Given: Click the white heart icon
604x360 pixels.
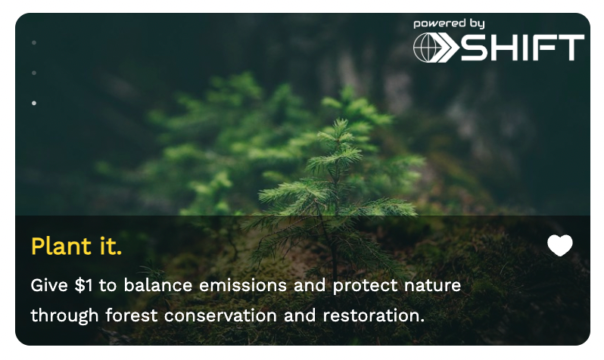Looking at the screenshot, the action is (559, 245).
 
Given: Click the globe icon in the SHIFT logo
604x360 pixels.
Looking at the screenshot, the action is (425, 48).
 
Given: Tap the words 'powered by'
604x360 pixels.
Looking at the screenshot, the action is (449, 24).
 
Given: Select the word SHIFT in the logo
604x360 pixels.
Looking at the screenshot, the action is (522, 48).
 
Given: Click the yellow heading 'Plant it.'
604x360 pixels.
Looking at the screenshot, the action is (76, 246).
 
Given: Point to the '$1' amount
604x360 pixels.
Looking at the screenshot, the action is (83, 285).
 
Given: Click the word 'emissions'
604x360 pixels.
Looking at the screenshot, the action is (243, 285).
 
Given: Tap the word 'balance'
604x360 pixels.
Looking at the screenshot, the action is (158, 285).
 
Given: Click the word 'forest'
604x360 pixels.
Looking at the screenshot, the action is (132, 315).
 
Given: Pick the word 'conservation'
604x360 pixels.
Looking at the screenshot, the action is (220, 315).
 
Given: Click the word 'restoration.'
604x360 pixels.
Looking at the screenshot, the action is (374, 315).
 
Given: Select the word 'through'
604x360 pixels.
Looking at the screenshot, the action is (65, 316).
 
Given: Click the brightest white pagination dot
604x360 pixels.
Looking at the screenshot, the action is (34, 103).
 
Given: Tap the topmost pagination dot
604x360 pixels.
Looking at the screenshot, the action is (34, 43).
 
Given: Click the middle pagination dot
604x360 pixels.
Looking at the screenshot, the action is (34, 73).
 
